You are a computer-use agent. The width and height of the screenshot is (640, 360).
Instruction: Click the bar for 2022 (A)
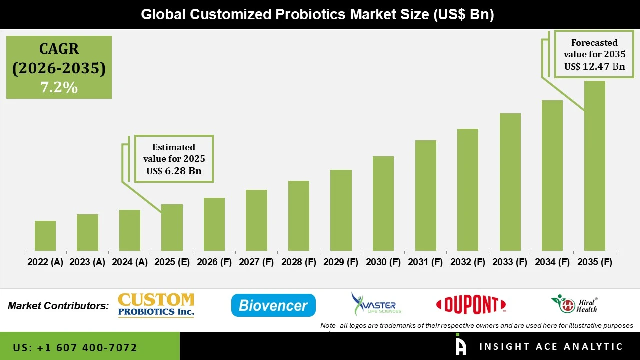[x=45, y=236]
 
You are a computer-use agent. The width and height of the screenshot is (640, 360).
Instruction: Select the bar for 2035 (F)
[x=594, y=166]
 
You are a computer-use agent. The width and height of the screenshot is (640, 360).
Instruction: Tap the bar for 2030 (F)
[x=383, y=203]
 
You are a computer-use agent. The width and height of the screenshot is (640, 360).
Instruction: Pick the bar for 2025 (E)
[x=172, y=227]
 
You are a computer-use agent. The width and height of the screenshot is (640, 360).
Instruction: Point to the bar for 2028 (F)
[x=299, y=216]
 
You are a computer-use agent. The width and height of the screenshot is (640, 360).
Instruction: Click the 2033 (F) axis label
[x=510, y=262]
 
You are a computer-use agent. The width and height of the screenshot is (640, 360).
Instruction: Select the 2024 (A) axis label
[x=130, y=262]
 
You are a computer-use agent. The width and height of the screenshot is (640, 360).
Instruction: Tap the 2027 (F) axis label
[x=256, y=262]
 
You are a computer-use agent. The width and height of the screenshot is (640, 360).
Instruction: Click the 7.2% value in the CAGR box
[x=59, y=88]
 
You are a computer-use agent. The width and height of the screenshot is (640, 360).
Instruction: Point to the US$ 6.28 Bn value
[x=174, y=171]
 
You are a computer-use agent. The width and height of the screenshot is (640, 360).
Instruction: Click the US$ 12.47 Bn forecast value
[x=594, y=66]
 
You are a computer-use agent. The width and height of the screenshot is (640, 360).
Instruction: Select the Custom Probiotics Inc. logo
[x=156, y=305]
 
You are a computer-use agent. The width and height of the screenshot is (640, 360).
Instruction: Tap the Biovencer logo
[x=273, y=305]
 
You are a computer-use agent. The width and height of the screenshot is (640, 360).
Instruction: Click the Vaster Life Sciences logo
[x=376, y=304]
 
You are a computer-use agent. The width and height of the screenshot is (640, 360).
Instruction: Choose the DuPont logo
[x=471, y=305]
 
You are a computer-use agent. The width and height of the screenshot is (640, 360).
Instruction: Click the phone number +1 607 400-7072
[x=75, y=347]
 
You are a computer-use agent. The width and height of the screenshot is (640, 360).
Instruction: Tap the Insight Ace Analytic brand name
[x=551, y=347]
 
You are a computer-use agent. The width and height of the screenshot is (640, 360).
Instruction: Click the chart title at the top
[x=317, y=14]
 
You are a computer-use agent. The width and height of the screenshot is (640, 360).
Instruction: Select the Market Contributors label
[x=58, y=306]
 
